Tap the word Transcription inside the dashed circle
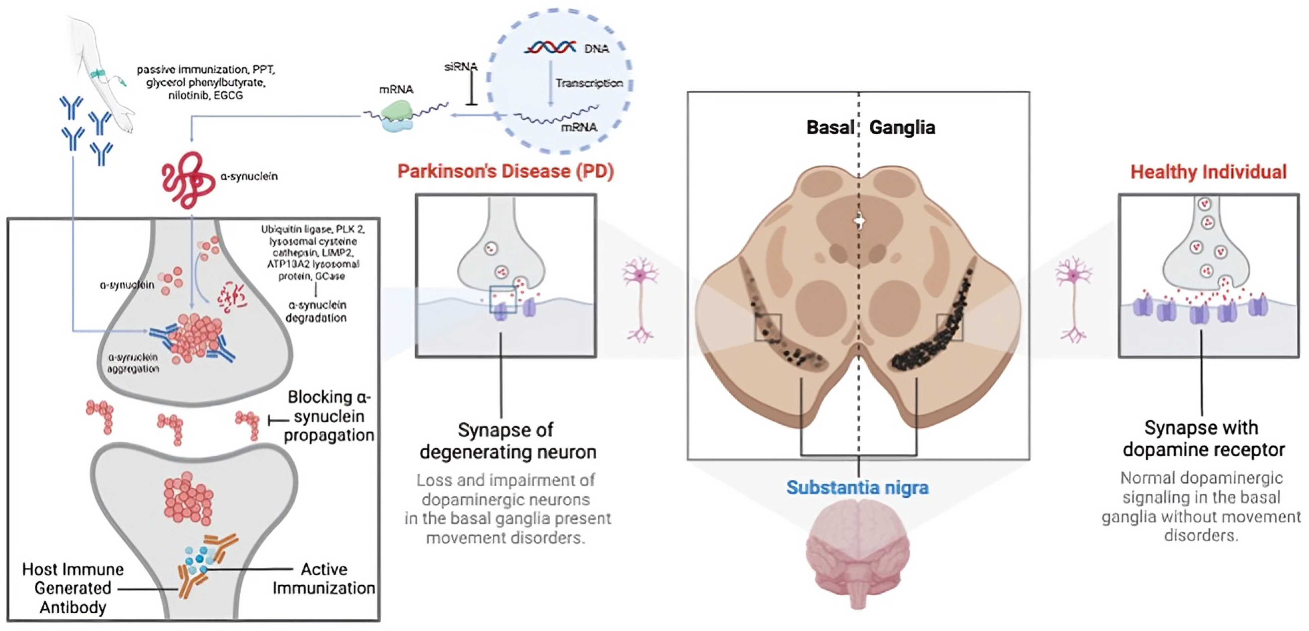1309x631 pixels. (589, 83)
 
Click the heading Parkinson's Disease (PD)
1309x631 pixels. (505, 171)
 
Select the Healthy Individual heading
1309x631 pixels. (1208, 172)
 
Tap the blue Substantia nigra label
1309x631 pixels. (857, 487)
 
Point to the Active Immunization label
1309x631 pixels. (324, 578)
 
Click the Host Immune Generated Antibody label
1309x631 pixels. (72, 588)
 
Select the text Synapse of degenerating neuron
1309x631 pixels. (507, 441)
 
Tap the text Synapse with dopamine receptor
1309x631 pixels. (1203, 439)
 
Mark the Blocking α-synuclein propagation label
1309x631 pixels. (329, 416)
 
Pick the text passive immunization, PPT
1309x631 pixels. (206, 69)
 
